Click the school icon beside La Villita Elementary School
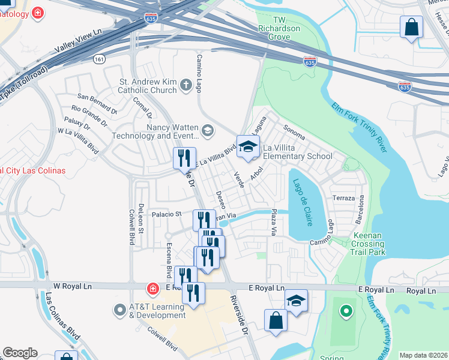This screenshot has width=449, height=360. [x=248, y=146]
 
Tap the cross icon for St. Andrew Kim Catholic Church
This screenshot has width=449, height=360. [x=186, y=86]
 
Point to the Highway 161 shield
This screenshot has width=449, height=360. [x=99, y=59]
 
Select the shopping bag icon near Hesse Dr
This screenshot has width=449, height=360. [x=411, y=27]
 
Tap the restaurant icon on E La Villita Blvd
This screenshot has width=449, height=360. [x=184, y=158]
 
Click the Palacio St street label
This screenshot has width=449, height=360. [x=166, y=214]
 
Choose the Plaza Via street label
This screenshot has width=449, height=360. [x=273, y=222]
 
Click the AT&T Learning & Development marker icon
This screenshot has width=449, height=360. [x=119, y=311]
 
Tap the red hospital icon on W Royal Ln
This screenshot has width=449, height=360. [x=154, y=289]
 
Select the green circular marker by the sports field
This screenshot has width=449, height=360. [x=345, y=311]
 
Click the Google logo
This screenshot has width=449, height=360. [x=20, y=353]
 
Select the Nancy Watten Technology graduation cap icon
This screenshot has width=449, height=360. [x=208, y=130]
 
